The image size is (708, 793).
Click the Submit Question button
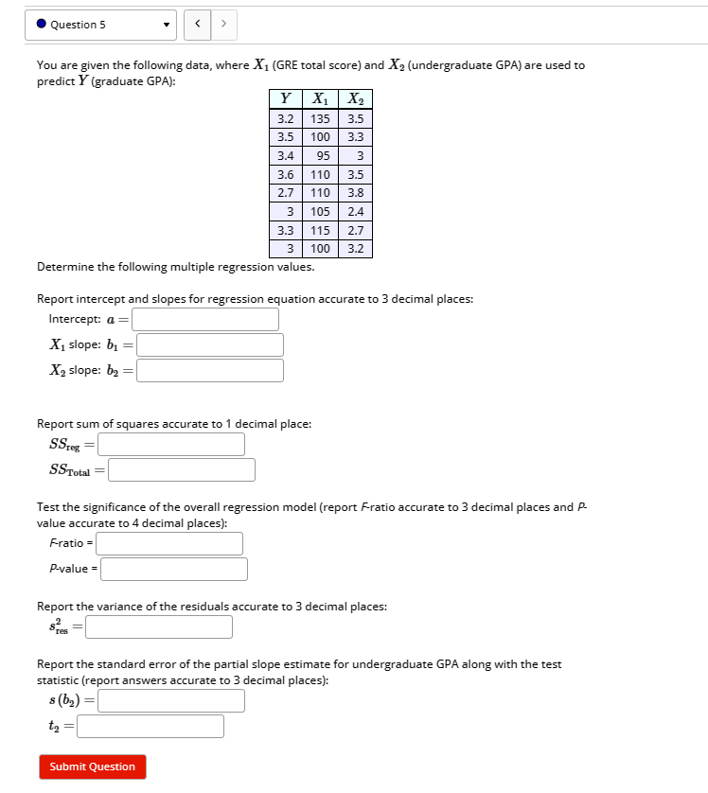(93, 767)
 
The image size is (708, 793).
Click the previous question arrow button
(199, 25)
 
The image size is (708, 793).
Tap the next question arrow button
(223, 25)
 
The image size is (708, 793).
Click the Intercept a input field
(205, 320)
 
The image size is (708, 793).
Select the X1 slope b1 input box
(210, 345)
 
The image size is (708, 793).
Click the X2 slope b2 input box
(210, 371)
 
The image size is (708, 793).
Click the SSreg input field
(171, 444)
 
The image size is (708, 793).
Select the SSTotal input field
(182, 469)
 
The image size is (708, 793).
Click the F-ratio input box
(169, 543)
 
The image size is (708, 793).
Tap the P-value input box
(174, 569)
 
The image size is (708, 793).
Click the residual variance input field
(159, 626)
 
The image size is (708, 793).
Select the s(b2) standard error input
(171, 700)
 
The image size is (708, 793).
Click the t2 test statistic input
(150, 726)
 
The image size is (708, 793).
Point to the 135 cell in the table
(320, 119)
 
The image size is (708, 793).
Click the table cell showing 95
(320, 156)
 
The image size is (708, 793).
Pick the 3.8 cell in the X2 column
(355, 193)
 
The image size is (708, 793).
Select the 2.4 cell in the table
(355, 212)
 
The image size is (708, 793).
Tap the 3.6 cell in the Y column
(284, 175)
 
